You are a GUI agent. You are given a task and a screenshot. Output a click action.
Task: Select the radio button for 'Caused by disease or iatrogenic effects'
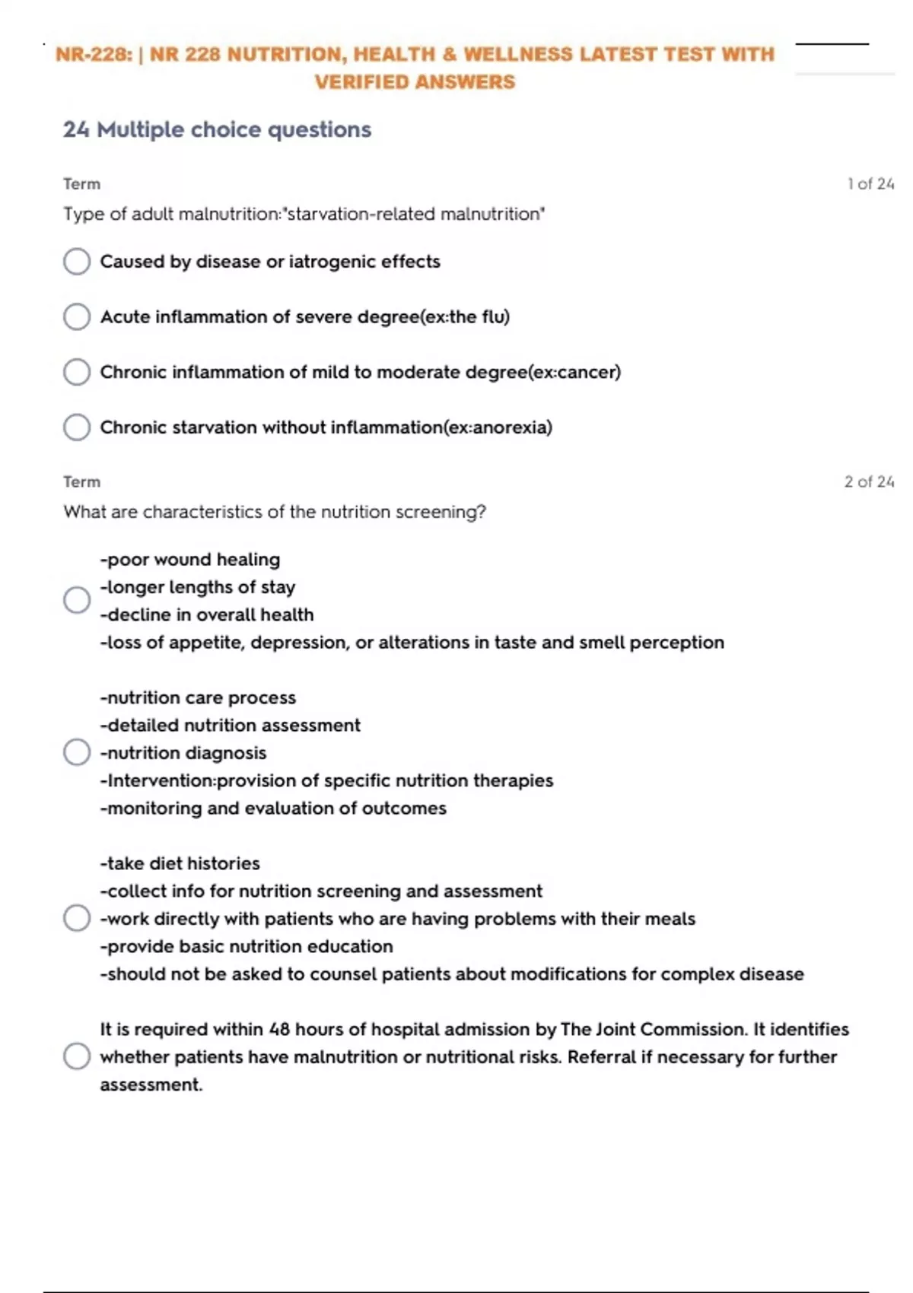pyautogui.click(x=77, y=262)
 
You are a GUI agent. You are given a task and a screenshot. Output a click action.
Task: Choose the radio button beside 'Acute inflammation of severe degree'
pyautogui.click(x=77, y=317)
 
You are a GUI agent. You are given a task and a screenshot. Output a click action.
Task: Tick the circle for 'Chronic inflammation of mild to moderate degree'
pyautogui.click(x=77, y=373)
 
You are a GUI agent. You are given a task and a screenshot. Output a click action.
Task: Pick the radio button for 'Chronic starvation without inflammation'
pyautogui.click(x=77, y=427)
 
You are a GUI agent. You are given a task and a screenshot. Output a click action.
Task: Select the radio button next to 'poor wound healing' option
pyautogui.click(x=77, y=600)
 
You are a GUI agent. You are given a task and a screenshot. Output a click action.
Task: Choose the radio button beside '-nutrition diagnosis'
pyautogui.click(x=77, y=753)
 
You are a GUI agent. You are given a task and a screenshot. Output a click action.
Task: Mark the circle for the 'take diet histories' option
pyautogui.click(x=77, y=918)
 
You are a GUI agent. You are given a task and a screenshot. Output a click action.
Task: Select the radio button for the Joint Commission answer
pyautogui.click(x=77, y=1056)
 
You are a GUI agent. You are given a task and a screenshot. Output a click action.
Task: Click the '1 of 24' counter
pyautogui.click(x=870, y=184)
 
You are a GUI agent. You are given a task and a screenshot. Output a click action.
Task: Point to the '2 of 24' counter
pyautogui.click(x=869, y=482)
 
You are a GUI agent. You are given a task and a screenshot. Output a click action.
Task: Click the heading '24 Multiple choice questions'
pyautogui.click(x=217, y=130)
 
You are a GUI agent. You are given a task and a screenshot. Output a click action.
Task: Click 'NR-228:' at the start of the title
pyautogui.click(x=94, y=55)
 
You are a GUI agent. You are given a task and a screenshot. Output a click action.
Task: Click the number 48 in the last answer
pyautogui.click(x=279, y=1030)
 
